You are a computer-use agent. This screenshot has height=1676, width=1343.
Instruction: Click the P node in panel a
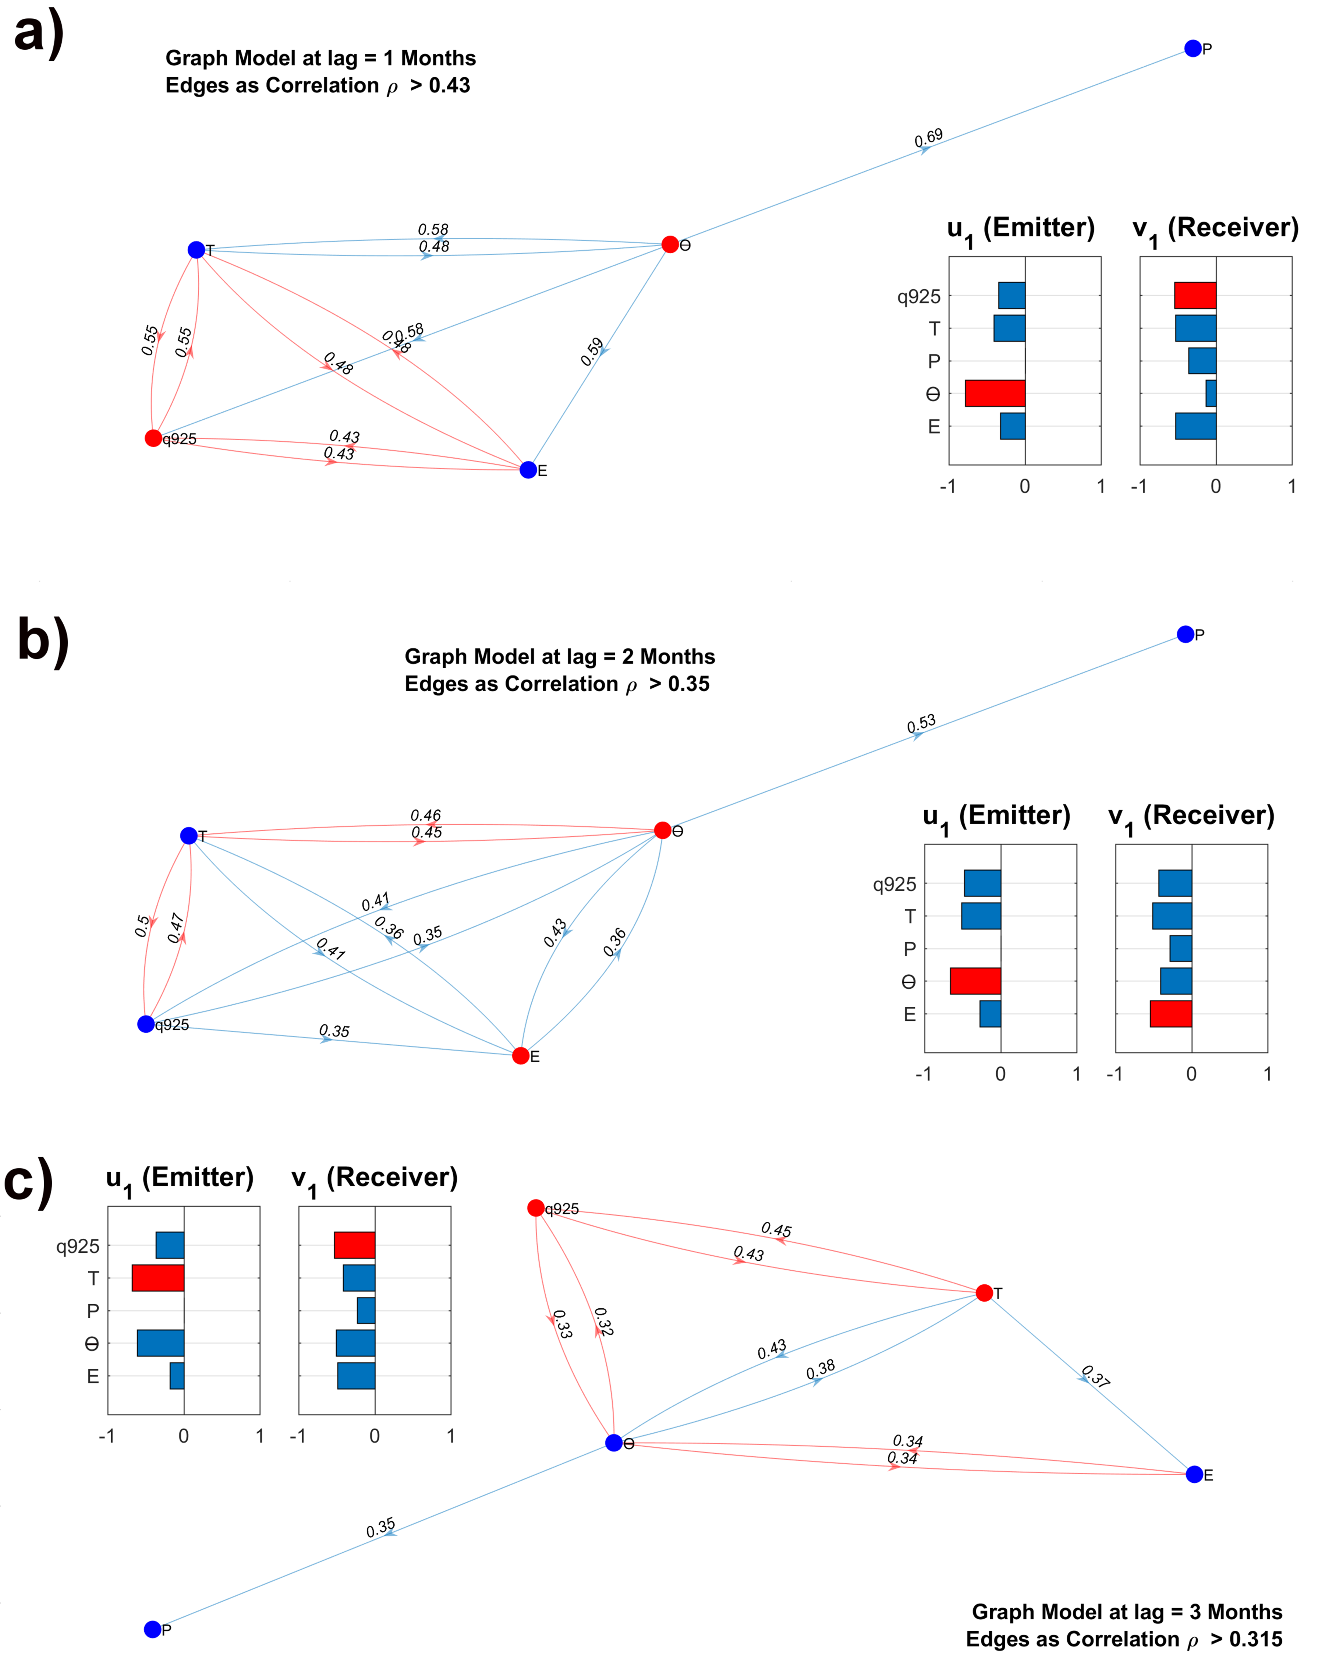[1192, 48]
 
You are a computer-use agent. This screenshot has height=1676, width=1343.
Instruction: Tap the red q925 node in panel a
[153, 438]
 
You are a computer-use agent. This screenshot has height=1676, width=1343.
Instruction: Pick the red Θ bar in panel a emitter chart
[995, 394]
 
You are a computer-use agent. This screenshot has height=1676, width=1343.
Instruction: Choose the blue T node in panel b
[189, 836]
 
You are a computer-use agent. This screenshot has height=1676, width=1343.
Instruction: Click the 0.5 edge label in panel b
[142, 926]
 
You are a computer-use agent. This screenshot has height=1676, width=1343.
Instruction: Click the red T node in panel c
[984, 1293]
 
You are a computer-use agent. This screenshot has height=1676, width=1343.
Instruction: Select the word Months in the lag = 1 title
[437, 58]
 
